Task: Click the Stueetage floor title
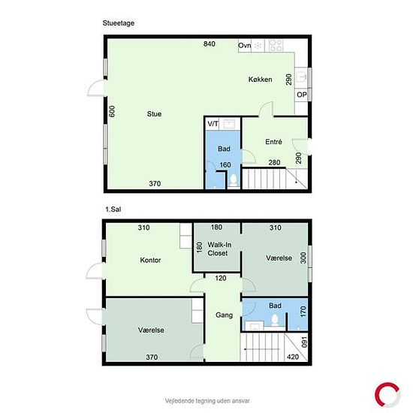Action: click(x=118, y=23)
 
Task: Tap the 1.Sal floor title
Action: click(x=113, y=210)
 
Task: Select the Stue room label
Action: click(x=155, y=114)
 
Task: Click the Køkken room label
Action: click(x=261, y=80)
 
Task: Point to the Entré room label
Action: click(x=273, y=142)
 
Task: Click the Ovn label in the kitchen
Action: click(x=245, y=46)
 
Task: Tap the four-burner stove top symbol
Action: click(x=276, y=45)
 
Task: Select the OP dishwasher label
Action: click(x=302, y=95)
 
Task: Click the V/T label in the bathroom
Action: click(x=213, y=124)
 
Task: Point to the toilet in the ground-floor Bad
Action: click(x=234, y=180)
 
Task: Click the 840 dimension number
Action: click(x=210, y=44)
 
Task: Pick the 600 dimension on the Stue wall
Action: click(x=112, y=111)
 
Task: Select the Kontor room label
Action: click(x=150, y=261)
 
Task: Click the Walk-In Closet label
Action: click(x=219, y=249)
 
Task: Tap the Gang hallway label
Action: click(x=225, y=315)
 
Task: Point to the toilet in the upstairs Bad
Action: click(x=275, y=320)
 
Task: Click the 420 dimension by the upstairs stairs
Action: click(x=293, y=357)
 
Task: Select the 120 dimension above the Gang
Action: click(x=221, y=278)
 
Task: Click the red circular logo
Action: click(x=387, y=395)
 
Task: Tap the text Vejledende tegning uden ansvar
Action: click(x=207, y=401)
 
